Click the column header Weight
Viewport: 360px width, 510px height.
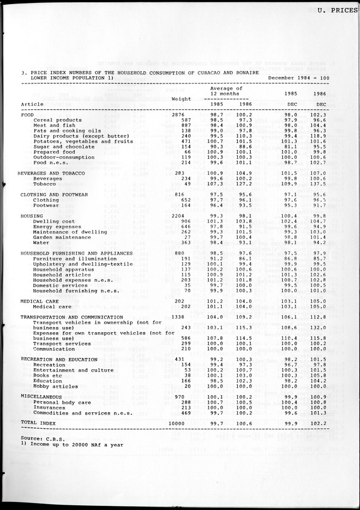pyautogui.click(x=181, y=99)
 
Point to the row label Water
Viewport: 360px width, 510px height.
pyautogui.click(x=41, y=242)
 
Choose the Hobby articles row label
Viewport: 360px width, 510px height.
pyautogui.click(x=56, y=386)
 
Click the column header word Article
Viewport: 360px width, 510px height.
pyautogui.click(x=31, y=104)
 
